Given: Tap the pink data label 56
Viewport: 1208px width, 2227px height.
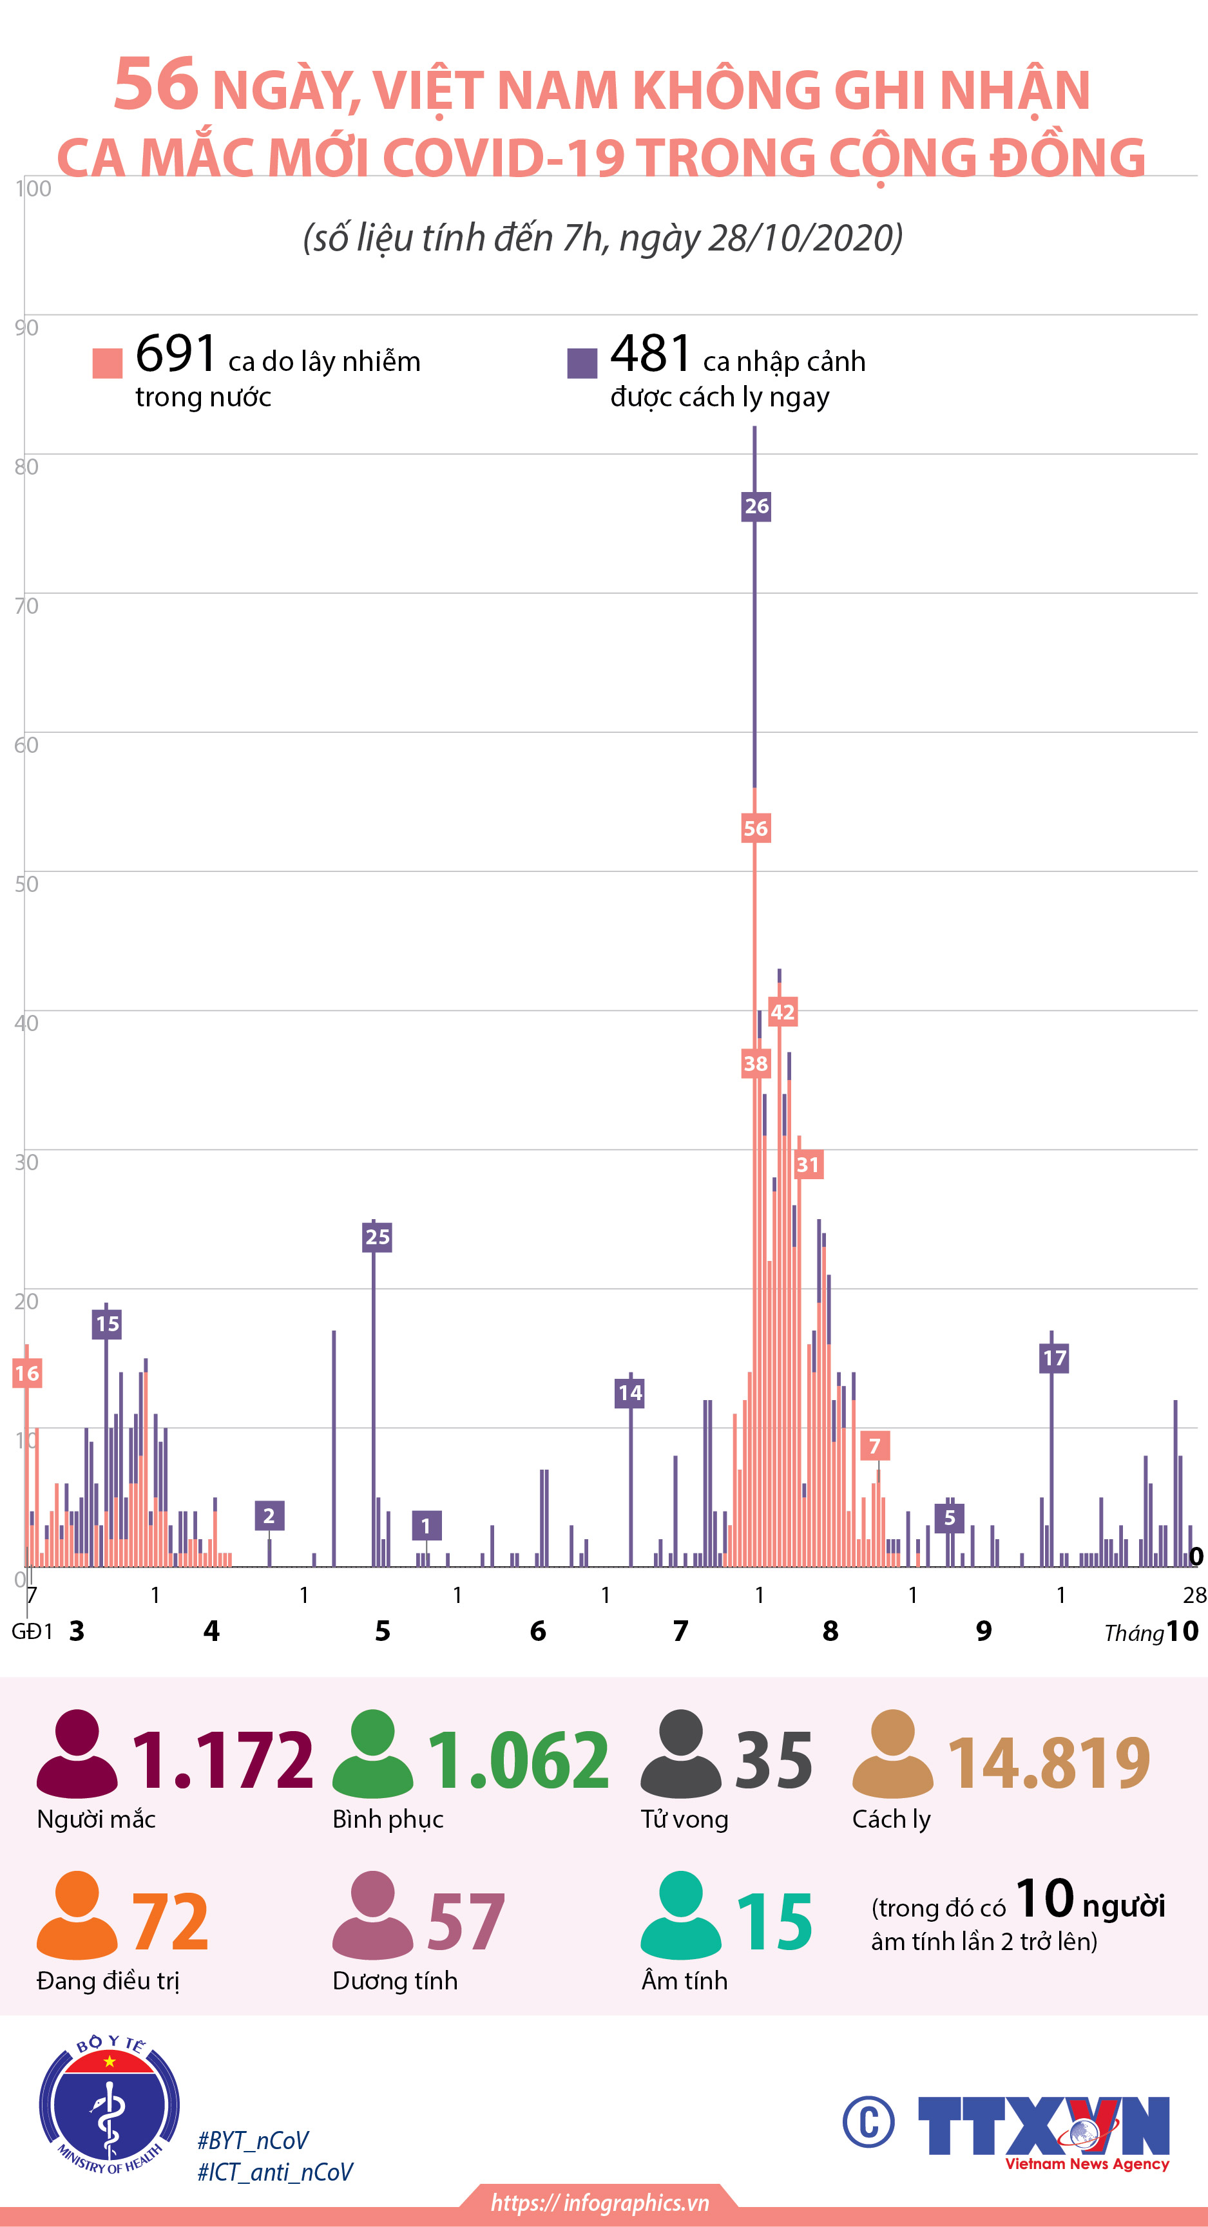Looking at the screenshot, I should coord(755,828).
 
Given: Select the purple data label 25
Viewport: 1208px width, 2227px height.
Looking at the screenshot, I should coord(377,1237).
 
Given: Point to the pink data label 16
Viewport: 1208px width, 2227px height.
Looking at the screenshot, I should coord(27,1373).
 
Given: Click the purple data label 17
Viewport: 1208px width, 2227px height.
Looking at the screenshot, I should coord(1054,1358).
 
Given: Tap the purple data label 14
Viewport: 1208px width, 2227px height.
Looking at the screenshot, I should coord(629,1392).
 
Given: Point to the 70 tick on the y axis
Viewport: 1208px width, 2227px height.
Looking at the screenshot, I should coord(26,606).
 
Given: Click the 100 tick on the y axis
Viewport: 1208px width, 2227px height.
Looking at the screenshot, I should coord(33,189).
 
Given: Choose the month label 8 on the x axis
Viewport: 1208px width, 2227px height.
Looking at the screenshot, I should coord(830,1631).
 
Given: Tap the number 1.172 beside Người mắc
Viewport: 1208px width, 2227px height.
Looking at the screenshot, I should coord(222,1759).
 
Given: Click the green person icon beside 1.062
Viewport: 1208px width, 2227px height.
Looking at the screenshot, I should coord(372,1754).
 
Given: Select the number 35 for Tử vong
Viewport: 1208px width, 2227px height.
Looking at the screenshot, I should coord(773,1759).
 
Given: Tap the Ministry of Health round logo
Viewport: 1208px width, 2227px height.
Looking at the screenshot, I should coord(109,2103).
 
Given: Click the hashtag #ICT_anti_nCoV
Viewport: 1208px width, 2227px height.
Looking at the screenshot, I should coord(275,2172).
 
